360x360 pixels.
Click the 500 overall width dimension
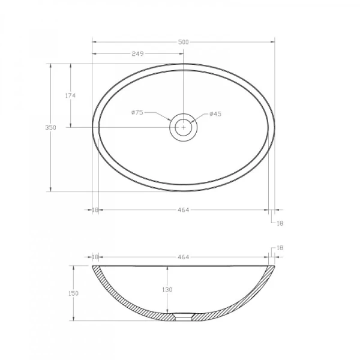(183, 42)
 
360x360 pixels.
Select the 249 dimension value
(137, 54)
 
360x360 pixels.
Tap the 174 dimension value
(70, 95)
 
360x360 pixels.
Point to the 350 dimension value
(50, 127)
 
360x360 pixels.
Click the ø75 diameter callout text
(137, 113)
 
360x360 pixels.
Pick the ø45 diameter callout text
(215, 114)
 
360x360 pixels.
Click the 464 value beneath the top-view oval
(183, 210)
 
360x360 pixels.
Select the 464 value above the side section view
(183, 257)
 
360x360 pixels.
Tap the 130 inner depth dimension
(167, 290)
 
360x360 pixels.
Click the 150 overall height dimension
(73, 293)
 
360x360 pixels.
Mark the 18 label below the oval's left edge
(95, 210)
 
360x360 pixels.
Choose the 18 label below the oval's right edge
(279, 223)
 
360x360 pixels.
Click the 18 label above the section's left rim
(95, 257)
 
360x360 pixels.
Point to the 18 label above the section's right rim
(280, 248)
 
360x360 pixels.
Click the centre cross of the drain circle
(183, 127)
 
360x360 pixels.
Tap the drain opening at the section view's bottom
(183, 317)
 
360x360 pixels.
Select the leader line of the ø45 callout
(200, 118)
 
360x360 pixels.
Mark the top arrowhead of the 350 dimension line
(50, 65)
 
